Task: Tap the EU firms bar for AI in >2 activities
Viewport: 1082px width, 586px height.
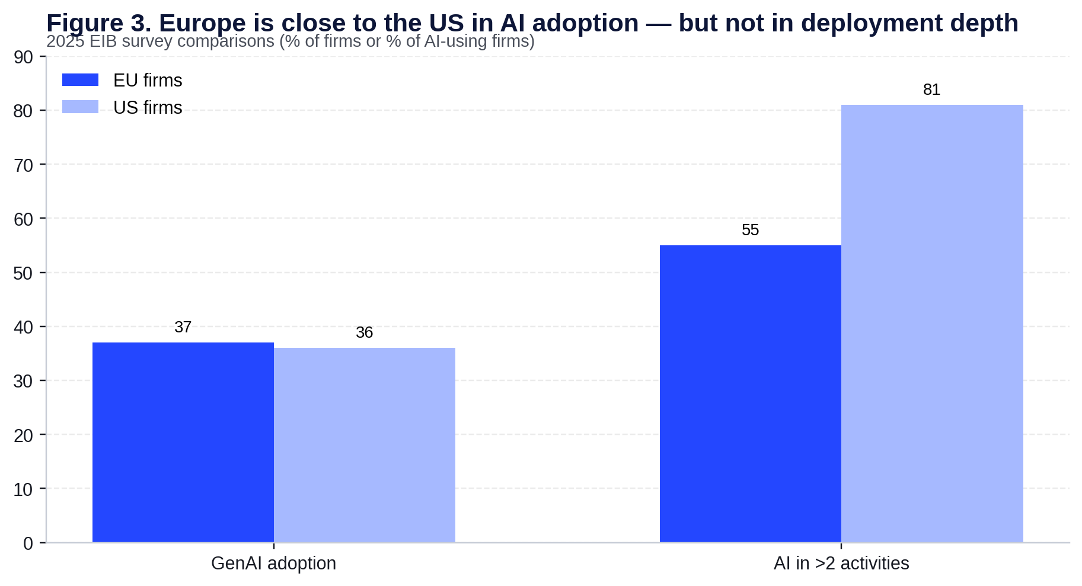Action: point(750,393)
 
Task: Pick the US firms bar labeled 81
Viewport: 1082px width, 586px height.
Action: point(931,324)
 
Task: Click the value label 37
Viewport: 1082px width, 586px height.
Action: point(183,327)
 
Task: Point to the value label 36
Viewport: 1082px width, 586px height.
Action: point(364,332)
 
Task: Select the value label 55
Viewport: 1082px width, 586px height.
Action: point(750,230)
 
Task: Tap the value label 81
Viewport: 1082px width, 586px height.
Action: point(931,89)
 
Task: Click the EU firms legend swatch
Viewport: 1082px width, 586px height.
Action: point(80,80)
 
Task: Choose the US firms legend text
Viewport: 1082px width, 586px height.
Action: point(148,108)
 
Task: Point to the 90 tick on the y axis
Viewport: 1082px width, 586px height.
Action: point(24,57)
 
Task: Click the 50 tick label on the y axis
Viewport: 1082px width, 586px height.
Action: point(24,273)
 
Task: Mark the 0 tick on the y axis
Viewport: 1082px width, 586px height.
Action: point(28,543)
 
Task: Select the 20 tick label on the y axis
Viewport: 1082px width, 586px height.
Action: point(24,436)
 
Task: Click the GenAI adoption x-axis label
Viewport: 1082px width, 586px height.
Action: point(273,563)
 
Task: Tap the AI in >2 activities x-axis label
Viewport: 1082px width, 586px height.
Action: point(841,563)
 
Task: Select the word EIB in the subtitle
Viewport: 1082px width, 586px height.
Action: point(102,41)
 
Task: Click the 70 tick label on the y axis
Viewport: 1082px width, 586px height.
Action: point(24,165)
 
